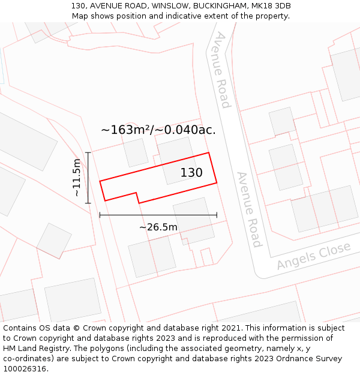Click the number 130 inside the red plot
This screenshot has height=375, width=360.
pyautogui.click(x=191, y=173)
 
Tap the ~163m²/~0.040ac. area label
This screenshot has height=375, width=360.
pyautogui.click(x=158, y=130)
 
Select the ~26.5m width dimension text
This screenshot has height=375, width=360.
pyautogui.click(x=158, y=227)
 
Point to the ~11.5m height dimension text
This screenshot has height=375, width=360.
pyautogui.click(x=76, y=178)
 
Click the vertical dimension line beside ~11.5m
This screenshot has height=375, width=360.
pyautogui.click(x=88, y=178)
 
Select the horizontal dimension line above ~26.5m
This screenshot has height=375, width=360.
pyautogui.click(x=158, y=215)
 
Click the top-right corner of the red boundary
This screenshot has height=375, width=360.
pyautogui.click(x=209, y=153)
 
